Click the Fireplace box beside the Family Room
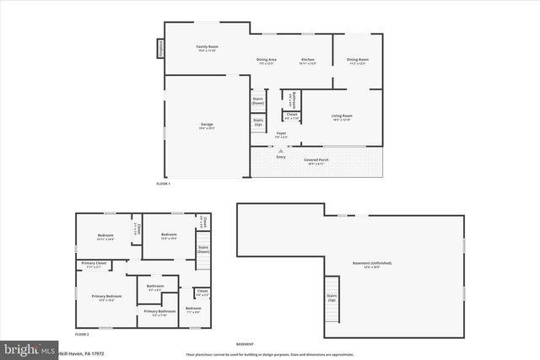[159, 49]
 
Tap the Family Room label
[207, 48]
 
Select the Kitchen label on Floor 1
[309, 61]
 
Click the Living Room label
[341, 116]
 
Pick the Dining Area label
[267, 61]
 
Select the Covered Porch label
[316, 160]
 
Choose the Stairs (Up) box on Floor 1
[258, 122]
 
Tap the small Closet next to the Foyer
[292, 116]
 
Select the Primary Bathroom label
[159, 313]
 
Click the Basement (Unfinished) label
[372, 264]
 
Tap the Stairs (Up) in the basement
[332, 299]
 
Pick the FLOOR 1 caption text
[163, 184]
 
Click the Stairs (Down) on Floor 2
[203, 250]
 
